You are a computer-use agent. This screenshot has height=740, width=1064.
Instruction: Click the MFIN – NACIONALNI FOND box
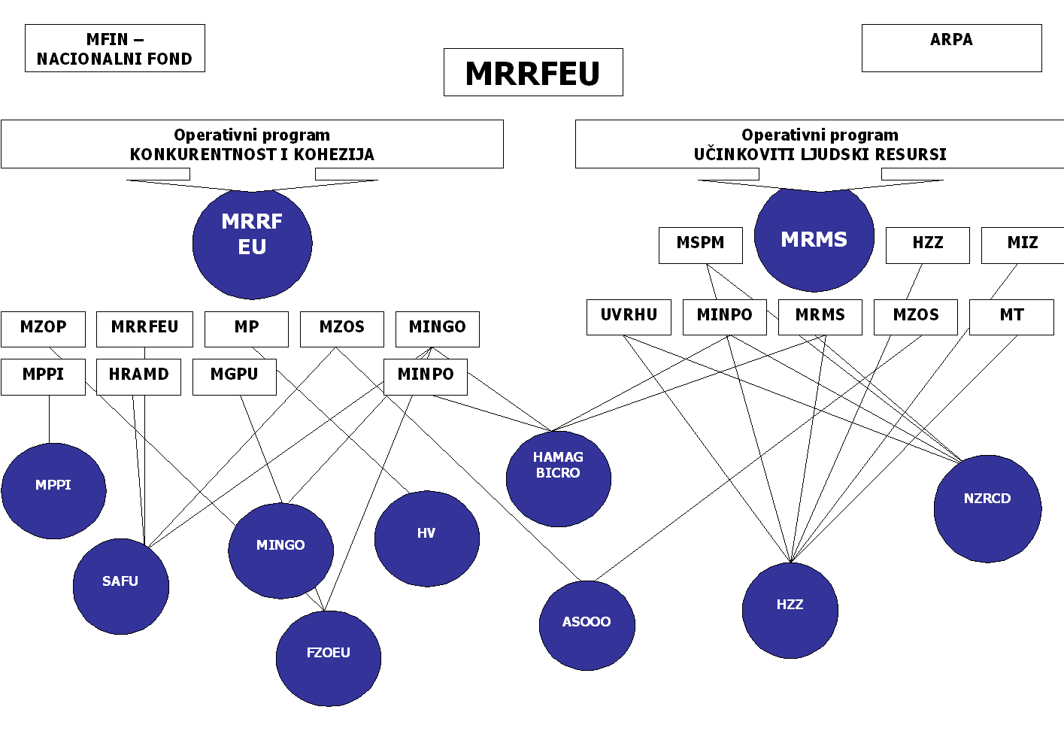pyautogui.click(x=114, y=48)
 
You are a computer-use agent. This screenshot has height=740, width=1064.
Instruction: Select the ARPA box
pyautogui.click(x=951, y=48)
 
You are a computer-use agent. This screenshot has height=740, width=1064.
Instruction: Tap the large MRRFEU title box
pyautogui.click(x=533, y=72)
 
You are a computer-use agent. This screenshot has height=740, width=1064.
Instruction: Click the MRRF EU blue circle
pyautogui.click(x=252, y=242)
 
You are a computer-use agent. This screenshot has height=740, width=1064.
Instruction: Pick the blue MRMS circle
pyautogui.click(x=814, y=239)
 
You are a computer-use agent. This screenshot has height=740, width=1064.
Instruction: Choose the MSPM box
pyautogui.click(x=700, y=244)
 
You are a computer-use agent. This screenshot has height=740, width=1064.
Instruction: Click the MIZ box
pyautogui.click(x=1022, y=244)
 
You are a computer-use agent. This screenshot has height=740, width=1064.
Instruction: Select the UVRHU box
pyautogui.click(x=629, y=317)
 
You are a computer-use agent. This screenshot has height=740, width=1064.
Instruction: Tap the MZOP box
pyautogui.click(x=43, y=329)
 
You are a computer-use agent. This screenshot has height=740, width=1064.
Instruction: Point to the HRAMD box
pyautogui.click(x=138, y=376)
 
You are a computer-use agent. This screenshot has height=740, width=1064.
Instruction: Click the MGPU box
pyautogui.click(x=234, y=376)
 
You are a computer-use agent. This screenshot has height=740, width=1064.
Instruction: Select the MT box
pyautogui.click(x=1011, y=317)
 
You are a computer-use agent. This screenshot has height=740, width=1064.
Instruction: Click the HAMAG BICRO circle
pyautogui.click(x=558, y=478)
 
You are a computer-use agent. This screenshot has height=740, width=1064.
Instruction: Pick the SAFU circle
pyautogui.click(x=120, y=586)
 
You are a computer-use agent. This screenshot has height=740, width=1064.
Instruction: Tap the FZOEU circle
pyautogui.click(x=328, y=658)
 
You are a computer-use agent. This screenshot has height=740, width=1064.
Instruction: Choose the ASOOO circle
pyautogui.click(x=587, y=625)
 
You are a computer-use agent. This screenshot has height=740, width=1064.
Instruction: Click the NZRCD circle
pyautogui.click(x=987, y=508)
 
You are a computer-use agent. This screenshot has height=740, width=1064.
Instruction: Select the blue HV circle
pyautogui.click(x=426, y=538)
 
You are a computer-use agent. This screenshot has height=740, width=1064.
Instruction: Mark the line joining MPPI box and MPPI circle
pyautogui.click(x=49, y=419)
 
